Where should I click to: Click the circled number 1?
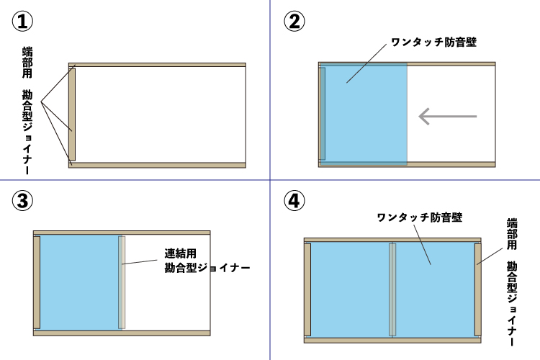pyautogui.click(x=23, y=21)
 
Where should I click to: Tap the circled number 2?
pyautogui.click(x=294, y=21)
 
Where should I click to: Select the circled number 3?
pyautogui.click(x=23, y=200)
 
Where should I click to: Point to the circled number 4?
pyautogui.click(x=294, y=200)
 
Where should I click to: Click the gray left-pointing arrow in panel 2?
pyautogui.click(x=447, y=117)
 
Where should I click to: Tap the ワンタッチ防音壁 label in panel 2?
pyautogui.click(x=434, y=42)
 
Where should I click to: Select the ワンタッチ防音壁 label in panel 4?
pyautogui.click(x=420, y=217)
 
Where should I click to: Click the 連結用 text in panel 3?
pyautogui.click(x=181, y=253)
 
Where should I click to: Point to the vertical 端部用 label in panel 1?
pyautogui.click(x=27, y=63)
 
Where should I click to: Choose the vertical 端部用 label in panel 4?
pyautogui.click(x=512, y=234)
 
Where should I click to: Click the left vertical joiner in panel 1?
pyautogui.click(x=72, y=114)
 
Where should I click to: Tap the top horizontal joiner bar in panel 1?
pyautogui.click(x=157, y=65)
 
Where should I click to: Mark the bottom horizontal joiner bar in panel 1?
pyautogui.click(x=157, y=166)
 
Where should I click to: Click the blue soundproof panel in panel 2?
pyautogui.click(x=364, y=114)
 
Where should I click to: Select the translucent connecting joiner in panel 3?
pyautogui.click(x=122, y=282)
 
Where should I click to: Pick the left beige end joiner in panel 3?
pyautogui.click(x=37, y=282)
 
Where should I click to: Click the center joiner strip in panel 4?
pyautogui.click(x=392, y=289)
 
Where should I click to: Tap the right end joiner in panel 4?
pyautogui.click(x=477, y=289)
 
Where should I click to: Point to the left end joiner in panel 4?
pyautogui.click(x=307, y=289)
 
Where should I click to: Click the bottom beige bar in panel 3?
pyautogui.click(x=122, y=333)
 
